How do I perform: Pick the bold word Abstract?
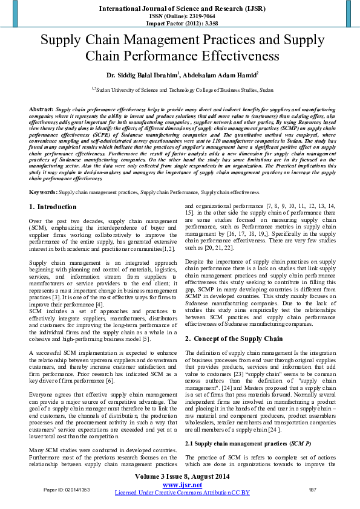41,109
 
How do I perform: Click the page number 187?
312,489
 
